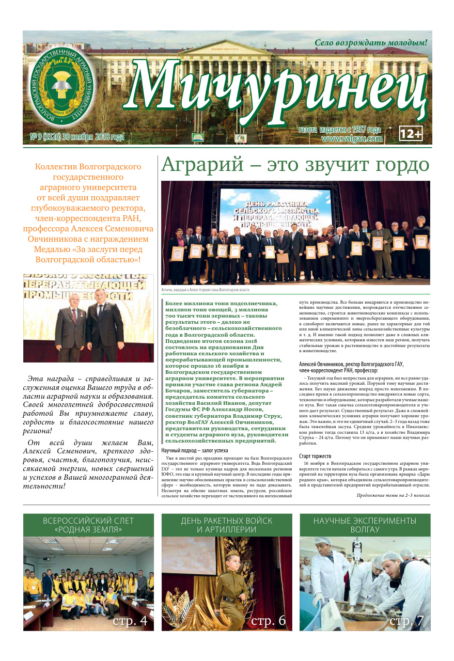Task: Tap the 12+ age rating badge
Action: click(x=411, y=134)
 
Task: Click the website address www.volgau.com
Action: click(x=352, y=139)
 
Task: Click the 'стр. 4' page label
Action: click(x=130, y=621)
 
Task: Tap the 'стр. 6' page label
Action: click(x=269, y=621)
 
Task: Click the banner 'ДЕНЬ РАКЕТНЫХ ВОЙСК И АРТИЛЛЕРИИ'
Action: click(x=227, y=525)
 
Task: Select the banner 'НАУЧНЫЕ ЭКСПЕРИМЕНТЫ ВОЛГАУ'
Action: click(x=365, y=525)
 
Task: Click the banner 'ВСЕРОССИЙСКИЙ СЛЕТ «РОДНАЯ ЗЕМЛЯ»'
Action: click(x=88, y=525)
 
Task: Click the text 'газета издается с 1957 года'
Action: click(x=339, y=130)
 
